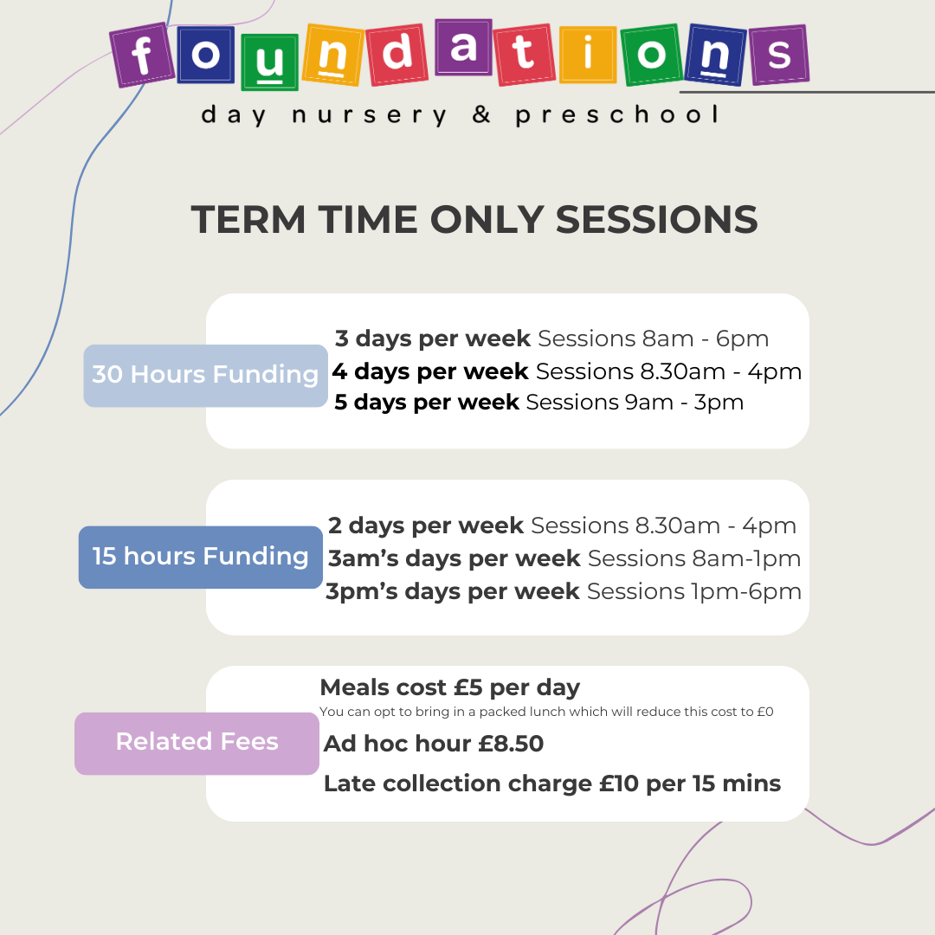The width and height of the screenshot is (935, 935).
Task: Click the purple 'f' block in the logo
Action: pyautogui.click(x=142, y=55)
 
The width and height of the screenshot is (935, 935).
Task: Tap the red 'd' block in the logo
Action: pyautogui.click(x=397, y=55)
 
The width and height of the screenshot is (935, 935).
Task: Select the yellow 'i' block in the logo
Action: pyautogui.click(x=588, y=55)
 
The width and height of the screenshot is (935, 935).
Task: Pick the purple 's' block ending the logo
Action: pyautogui.click(x=779, y=55)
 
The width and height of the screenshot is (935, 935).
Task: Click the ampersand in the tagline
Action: pyautogui.click(x=481, y=113)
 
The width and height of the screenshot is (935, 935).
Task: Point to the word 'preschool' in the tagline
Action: pyautogui.click(x=618, y=114)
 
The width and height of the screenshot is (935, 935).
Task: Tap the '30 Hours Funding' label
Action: pyautogui.click(x=206, y=376)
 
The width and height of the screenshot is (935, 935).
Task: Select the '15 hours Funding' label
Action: pyautogui.click(x=200, y=557)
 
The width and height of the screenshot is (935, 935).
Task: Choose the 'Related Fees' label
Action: pyautogui.click(x=197, y=743)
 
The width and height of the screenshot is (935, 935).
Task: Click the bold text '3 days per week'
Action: pyautogui.click(x=432, y=339)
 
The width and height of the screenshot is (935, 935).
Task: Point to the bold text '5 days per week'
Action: pyautogui.click(x=426, y=403)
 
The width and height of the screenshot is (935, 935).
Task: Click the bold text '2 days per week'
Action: pyautogui.click(x=426, y=526)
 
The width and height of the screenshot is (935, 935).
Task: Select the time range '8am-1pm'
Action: pyautogui.click(x=746, y=558)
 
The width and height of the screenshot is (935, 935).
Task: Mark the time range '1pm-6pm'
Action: pyautogui.click(x=746, y=591)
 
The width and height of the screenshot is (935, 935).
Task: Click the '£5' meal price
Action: pyautogui.click(x=467, y=687)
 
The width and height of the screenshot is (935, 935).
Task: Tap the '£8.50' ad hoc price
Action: pyautogui.click(x=511, y=744)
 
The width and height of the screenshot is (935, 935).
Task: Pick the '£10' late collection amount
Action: pyautogui.click(x=619, y=783)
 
